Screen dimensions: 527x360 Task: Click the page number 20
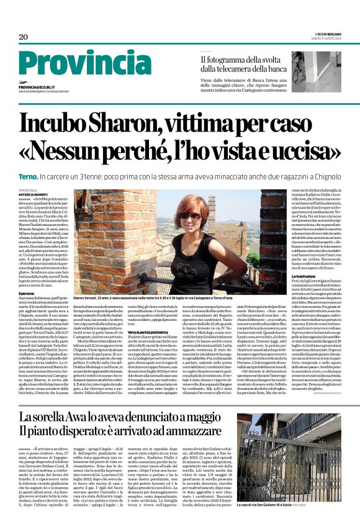[x=24, y=37]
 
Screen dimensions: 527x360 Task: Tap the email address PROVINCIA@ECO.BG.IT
[x=42, y=88]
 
